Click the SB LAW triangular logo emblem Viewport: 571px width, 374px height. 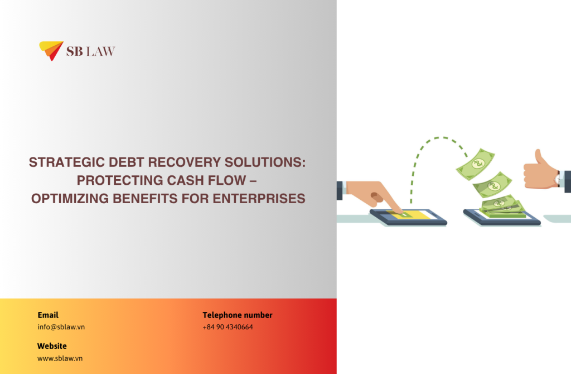click(50, 50)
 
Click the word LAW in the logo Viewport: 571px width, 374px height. click(100, 51)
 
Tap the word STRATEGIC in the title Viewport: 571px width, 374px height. click(67, 162)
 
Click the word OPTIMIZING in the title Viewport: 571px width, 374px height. click(70, 199)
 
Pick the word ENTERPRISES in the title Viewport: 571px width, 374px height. click(259, 199)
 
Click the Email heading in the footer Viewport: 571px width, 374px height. click(48, 315)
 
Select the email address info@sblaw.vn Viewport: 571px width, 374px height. click(61, 327)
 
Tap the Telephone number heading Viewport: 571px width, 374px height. click(238, 315)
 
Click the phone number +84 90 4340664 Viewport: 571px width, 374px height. click(228, 327)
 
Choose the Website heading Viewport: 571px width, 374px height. click(52, 346)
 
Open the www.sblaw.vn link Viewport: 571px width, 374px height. click(60, 358)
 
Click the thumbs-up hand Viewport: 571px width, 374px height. click(540, 171)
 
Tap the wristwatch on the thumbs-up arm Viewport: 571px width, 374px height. click(558, 179)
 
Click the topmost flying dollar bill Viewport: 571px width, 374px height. click(476, 164)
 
